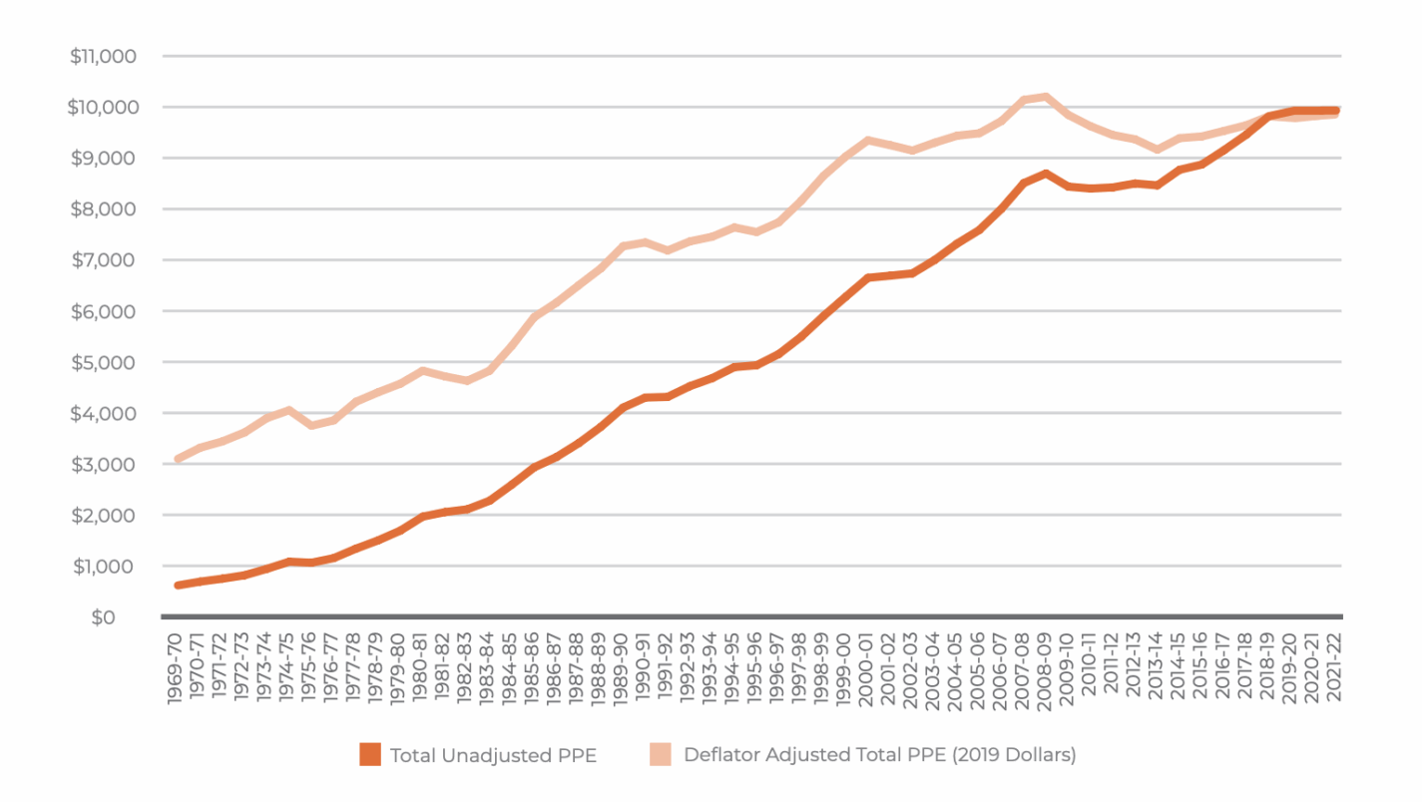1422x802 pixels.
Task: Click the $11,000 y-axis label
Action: tap(103, 56)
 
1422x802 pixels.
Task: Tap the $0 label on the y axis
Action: tap(103, 617)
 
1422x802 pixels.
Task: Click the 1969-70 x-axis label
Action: tap(177, 667)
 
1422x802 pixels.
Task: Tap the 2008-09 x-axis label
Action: tap(1044, 667)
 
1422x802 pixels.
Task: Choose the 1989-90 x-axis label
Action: tap(622, 667)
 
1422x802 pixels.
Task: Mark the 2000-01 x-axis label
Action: tap(866, 667)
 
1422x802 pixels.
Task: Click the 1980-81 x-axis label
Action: tap(421, 667)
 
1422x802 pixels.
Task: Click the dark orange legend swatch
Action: tap(370, 755)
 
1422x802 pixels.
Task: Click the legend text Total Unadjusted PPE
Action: tap(493, 755)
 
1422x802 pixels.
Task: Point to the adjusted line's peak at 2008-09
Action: tap(1044, 97)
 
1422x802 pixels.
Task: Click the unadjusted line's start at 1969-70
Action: tap(178, 586)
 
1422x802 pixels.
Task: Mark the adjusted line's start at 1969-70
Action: tap(178, 459)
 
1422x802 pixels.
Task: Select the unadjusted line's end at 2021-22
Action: tap(1334, 111)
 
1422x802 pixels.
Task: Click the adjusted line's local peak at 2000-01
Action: tap(867, 140)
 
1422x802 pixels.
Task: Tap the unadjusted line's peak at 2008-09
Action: tap(1044, 174)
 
